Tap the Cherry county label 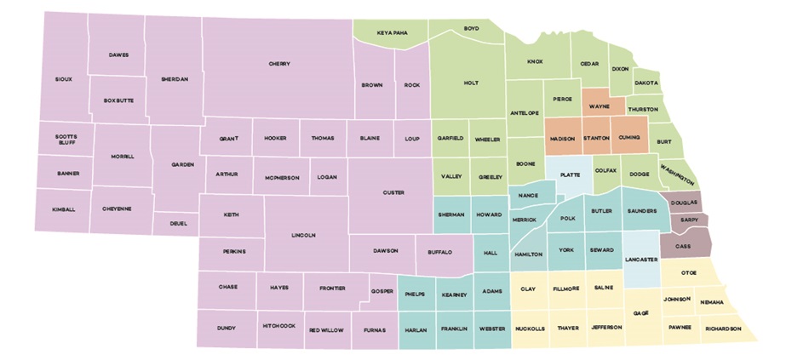(279, 64)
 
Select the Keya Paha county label (393, 33)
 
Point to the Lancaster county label (640, 257)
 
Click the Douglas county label (683, 203)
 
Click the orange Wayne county (603, 107)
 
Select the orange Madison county (563, 139)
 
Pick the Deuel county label (178, 224)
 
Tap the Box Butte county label (120, 101)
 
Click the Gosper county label (382, 291)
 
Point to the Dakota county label (648, 83)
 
